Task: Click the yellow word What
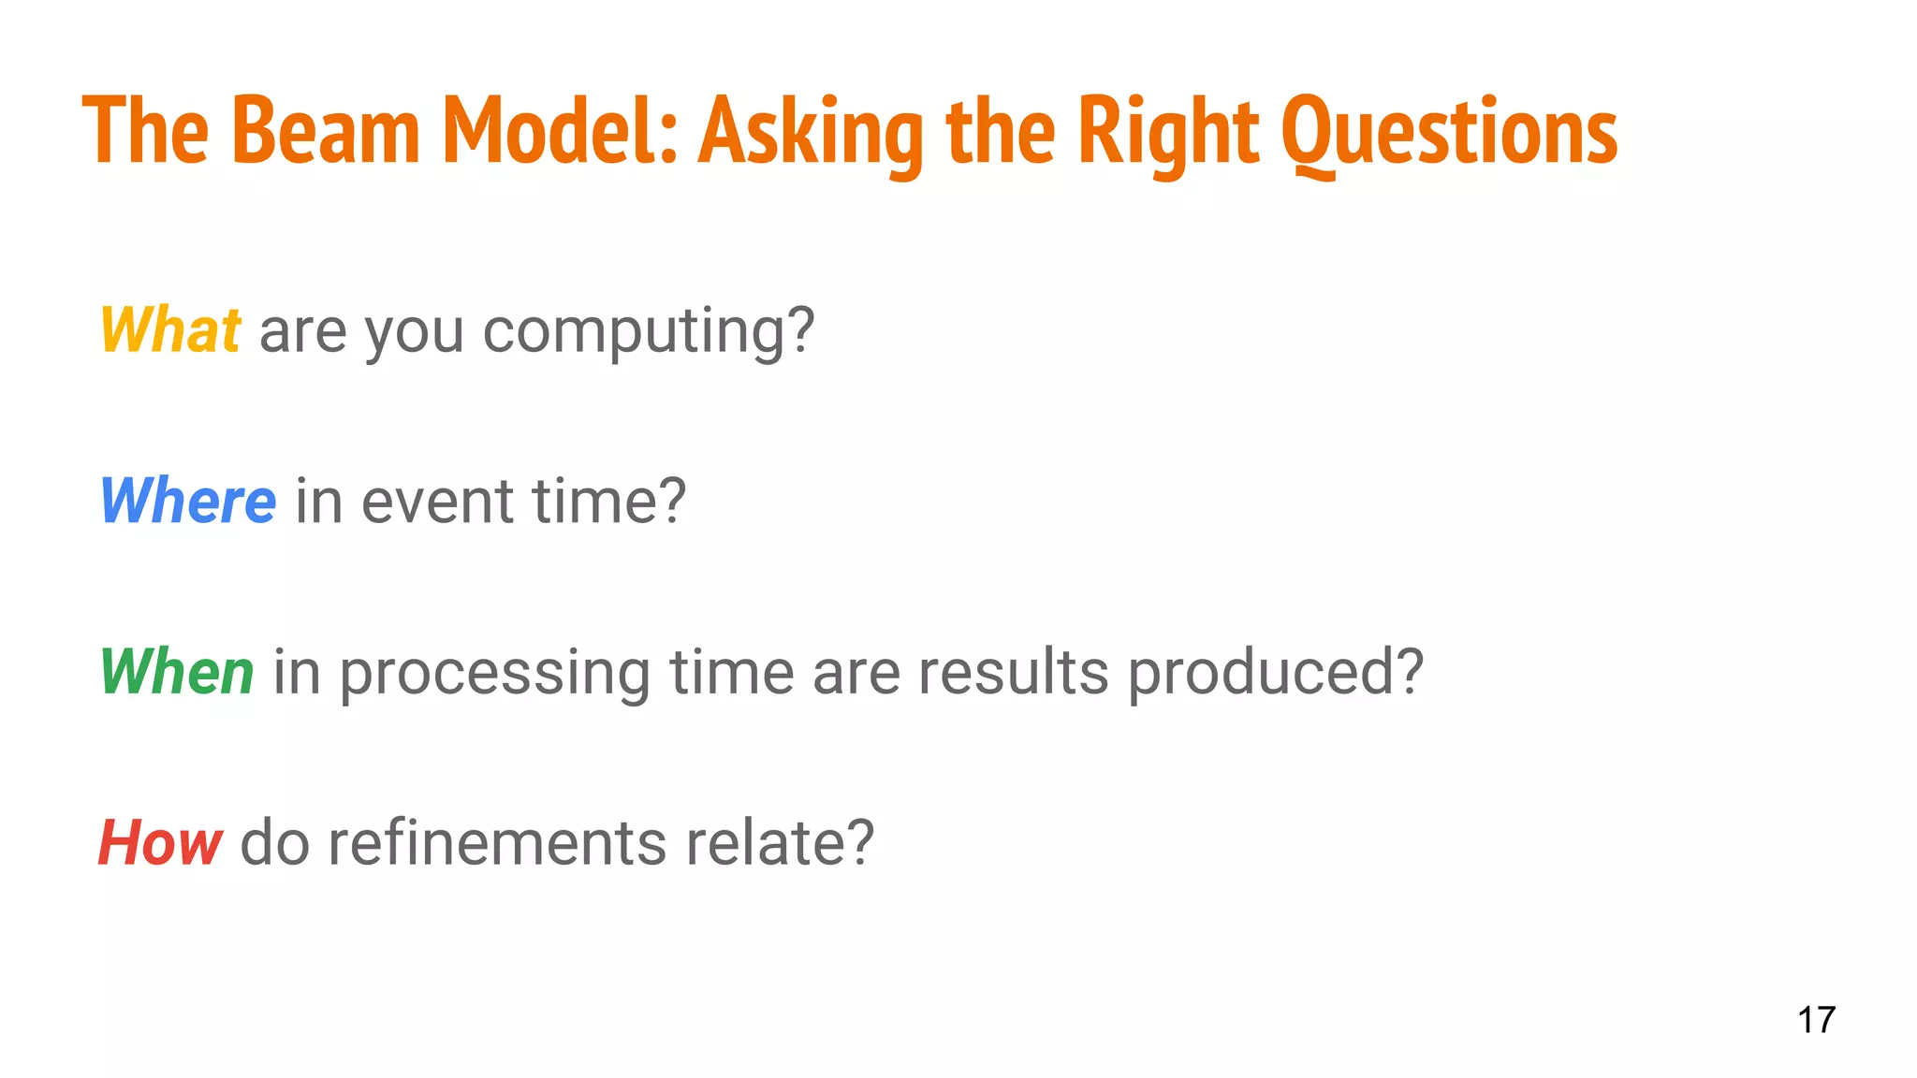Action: point(170,330)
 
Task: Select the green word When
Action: point(177,672)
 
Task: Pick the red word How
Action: point(160,842)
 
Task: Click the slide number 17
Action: point(1816,1020)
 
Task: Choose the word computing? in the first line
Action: point(649,332)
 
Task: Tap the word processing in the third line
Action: point(494,674)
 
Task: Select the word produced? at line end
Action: point(1276,672)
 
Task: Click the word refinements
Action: point(497,842)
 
